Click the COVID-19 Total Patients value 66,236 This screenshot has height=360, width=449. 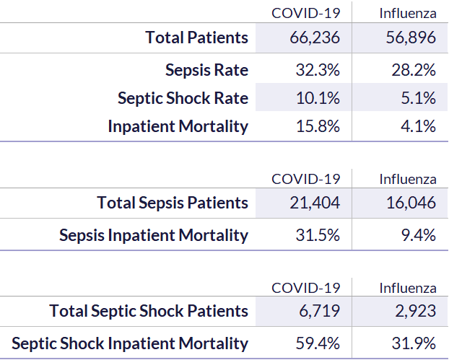point(315,38)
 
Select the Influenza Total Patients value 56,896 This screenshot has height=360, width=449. point(411,38)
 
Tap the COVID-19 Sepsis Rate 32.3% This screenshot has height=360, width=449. point(318,70)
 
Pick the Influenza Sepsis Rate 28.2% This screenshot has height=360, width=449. point(414,70)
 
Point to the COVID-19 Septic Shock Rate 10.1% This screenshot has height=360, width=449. point(318,98)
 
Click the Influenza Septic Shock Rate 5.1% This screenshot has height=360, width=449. point(419,98)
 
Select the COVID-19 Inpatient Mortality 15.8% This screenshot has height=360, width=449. point(318,126)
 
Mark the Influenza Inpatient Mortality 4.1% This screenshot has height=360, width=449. point(419,126)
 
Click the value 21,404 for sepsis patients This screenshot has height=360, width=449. point(315,203)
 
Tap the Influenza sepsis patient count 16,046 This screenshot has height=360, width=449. point(411,203)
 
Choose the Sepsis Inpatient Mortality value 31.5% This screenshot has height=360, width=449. point(318,235)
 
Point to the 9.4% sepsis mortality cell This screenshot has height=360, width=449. point(419,235)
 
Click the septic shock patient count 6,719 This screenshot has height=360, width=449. point(319,312)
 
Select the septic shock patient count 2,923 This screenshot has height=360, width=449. point(416,312)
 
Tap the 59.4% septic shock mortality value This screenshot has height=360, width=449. point(318,343)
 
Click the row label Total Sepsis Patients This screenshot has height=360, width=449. point(173,203)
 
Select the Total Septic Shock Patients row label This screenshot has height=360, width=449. point(149,312)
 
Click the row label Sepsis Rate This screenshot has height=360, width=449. point(206,71)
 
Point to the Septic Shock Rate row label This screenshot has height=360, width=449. point(183,99)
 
